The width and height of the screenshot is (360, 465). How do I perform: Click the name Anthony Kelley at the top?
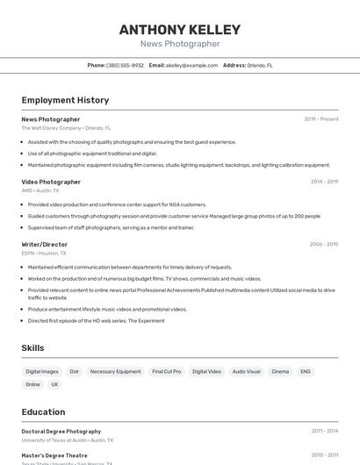179,30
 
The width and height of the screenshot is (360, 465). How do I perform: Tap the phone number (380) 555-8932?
125,65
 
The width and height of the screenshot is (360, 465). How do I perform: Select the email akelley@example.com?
191,65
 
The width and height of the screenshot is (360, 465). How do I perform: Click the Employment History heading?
65,100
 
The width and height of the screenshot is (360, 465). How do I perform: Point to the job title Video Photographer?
51,182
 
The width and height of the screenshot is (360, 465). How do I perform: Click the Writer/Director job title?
44,244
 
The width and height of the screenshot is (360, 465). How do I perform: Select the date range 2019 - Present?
320,119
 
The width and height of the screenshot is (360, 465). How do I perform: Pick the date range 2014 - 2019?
324,182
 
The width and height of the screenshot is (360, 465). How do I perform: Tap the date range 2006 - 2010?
323,244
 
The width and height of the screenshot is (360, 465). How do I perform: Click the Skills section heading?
32,348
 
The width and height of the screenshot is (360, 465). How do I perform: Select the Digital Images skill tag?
42,371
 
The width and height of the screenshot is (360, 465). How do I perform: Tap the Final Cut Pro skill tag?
166,371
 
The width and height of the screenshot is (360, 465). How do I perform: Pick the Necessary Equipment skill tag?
115,371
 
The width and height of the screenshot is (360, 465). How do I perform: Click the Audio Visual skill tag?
246,371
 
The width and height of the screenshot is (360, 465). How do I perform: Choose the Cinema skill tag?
280,371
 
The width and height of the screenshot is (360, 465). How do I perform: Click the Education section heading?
43,411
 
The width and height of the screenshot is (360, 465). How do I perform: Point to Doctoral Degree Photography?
61,432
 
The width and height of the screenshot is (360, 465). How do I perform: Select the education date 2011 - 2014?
324,431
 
